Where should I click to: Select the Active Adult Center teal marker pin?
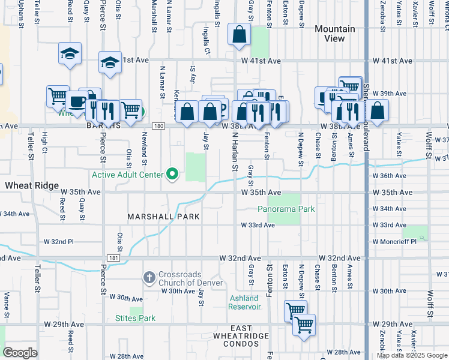(172, 175)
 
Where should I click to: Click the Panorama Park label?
(286, 209)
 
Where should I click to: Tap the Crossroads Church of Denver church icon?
(149, 278)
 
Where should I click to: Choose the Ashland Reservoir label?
(244, 302)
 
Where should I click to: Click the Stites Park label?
(136, 318)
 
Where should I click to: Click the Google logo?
(20, 352)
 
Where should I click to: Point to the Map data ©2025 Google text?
(412, 355)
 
